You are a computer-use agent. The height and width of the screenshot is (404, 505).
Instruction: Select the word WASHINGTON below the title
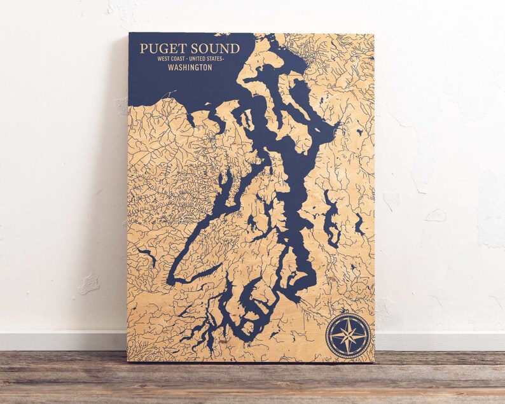click(x=190, y=67)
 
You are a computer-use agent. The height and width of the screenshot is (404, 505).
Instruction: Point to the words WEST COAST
click(x=172, y=59)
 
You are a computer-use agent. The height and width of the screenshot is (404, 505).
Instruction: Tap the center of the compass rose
click(x=348, y=335)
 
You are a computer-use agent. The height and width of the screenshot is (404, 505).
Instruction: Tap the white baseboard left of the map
click(x=64, y=340)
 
